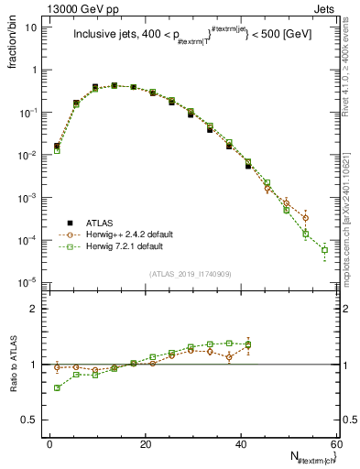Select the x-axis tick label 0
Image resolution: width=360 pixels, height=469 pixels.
pos(49,443)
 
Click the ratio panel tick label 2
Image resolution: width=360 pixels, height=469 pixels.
pos(38,309)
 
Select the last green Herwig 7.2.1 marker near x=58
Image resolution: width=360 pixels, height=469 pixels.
pos(325,250)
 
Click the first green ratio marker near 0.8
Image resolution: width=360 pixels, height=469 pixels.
pos(57,387)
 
